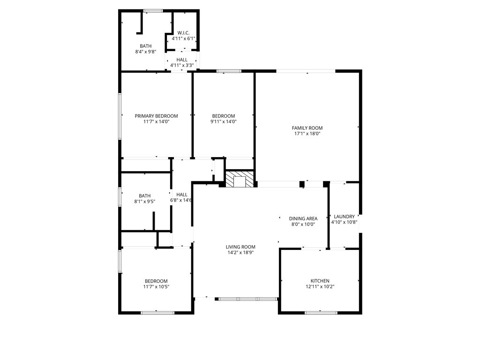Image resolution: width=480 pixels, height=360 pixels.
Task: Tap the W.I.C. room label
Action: [x=183, y=33]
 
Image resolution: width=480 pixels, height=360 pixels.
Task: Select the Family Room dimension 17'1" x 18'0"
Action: [x=307, y=134]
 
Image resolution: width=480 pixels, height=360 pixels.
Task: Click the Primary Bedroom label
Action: [x=156, y=116]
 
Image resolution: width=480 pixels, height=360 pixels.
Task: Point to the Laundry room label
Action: [x=344, y=217]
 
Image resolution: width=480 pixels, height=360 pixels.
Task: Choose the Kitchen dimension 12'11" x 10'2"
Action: [x=320, y=286]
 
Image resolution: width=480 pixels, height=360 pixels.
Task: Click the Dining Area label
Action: [x=303, y=218]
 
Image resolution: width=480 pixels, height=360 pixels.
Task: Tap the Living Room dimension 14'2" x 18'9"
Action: [x=241, y=253]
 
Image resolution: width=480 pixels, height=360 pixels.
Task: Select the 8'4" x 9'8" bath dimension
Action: [x=145, y=52]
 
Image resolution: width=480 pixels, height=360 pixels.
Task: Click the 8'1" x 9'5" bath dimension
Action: [x=144, y=202]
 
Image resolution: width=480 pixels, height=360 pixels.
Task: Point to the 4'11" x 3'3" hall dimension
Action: [x=182, y=65]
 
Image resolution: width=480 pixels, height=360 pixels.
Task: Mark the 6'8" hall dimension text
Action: [x=181, y=200]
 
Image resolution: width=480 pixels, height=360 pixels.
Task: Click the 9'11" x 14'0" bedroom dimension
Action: [x=223, y=121]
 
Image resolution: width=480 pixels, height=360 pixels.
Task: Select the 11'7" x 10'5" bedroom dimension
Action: [x=156, y=286]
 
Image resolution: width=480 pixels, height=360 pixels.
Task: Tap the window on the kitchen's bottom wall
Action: [x=321, y=312]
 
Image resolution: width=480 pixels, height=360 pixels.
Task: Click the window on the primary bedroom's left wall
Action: [x=120, y=116]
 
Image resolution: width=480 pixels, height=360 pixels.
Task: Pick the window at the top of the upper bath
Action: [x=153, y=10]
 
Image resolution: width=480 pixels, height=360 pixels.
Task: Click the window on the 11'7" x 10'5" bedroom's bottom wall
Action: [x=157, y=312]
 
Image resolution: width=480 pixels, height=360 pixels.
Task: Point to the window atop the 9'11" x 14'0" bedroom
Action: [x=229, y=71]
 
